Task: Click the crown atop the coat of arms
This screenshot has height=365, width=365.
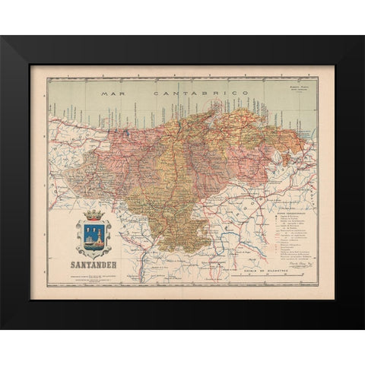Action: pyautogui.click(x=94, y=215)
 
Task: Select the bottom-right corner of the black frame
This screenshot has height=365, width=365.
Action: pyautogui.click(x=363, y=328)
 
